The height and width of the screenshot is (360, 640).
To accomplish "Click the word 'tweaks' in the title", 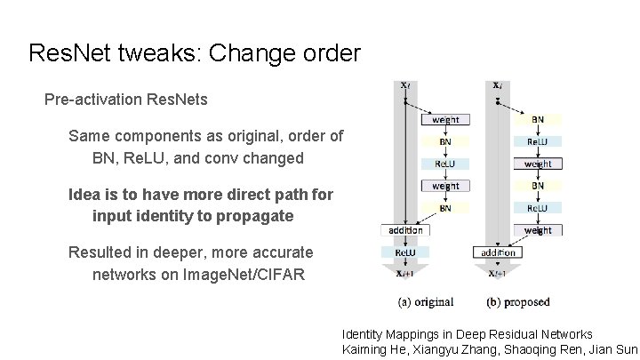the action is click(x=149, y=53).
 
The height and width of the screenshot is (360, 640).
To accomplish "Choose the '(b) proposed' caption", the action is click(x=518, y=302).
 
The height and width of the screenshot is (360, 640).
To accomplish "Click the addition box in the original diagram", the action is click(x=404, y=230).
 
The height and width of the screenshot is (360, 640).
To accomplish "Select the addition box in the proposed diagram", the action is click(x=498, y=252).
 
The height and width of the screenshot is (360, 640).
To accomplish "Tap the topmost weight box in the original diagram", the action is click(x=446, y=119).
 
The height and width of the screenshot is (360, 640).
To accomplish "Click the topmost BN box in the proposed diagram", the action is click(x=538, y=119).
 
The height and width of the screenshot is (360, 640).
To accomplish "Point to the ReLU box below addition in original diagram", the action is click(x=404, y=252).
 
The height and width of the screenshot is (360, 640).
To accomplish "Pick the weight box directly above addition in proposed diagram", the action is click(x=538, y=230).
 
